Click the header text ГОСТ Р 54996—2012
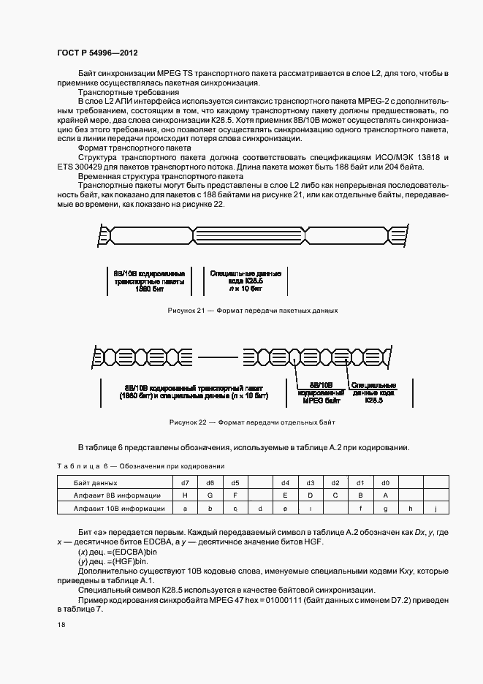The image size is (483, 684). click(x=97, y=53)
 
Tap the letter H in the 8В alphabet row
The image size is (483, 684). click(x=185, y=495)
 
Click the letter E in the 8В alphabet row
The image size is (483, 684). click(x=285, y=495)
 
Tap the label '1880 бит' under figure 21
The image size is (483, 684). click(x=147, y=289)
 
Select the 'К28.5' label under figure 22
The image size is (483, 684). click(x=373, y=400)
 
